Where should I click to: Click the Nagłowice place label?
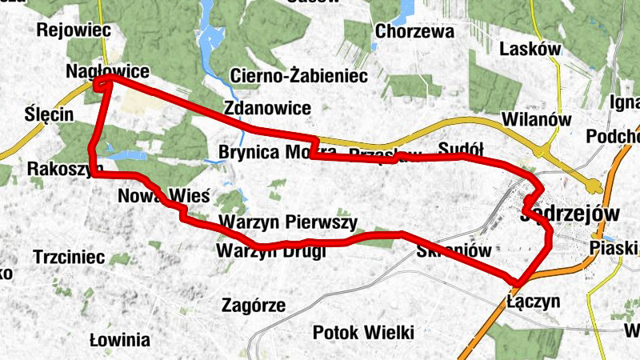(98, 72)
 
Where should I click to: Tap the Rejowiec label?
(73, 30)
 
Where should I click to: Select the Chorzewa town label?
(414, 33)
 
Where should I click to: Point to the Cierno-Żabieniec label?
(298, 77)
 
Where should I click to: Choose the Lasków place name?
(530, 50)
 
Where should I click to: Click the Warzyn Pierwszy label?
(286, 222)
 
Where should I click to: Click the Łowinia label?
(120, 338)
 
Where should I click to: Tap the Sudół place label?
(462, 149)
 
